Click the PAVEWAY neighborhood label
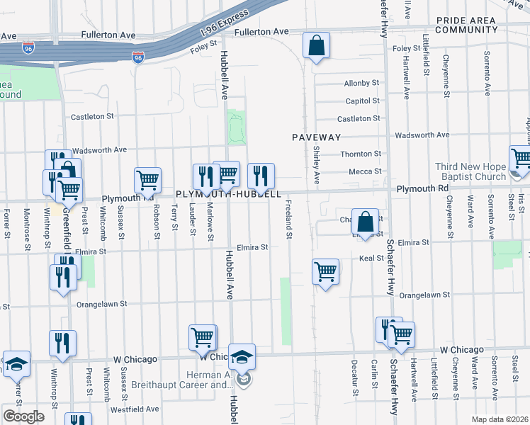pos(317,137)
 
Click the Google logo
pos(23,416)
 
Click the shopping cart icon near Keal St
pos(325,271)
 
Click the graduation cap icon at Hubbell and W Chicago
pos(241,357)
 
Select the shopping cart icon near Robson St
pos(147,181)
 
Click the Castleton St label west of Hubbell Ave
pos(91,115)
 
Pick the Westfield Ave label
pos(140,409)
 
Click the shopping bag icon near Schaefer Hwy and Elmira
pos(366,221)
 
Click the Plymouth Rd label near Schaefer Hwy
pos(422,188)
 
